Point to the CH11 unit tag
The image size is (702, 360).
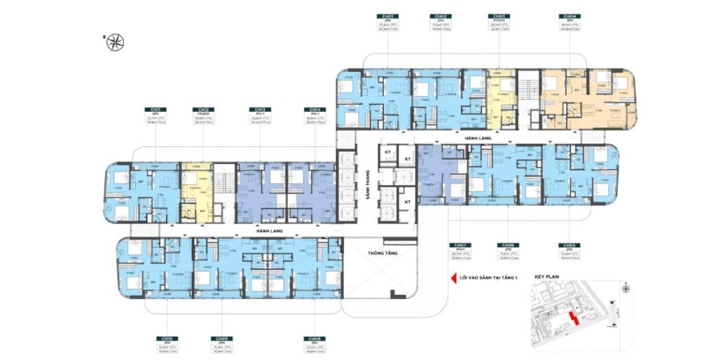coord(156,110)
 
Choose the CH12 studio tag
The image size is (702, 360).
coord(204,110)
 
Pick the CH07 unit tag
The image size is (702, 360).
coord(459,245)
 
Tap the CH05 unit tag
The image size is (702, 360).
coord(568,245)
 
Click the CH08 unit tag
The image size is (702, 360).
coord(313,339)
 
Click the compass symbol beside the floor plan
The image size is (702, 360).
coord(119,41)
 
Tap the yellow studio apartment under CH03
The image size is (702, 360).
coord(501,99)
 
